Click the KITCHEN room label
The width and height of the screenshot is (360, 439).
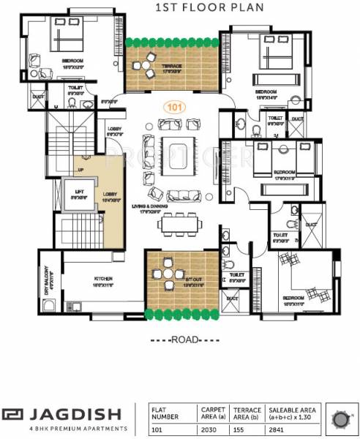click(x=102, y=279)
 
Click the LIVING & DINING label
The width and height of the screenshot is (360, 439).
click(x=153, y=211)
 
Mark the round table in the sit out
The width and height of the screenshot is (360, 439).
click(x=170, y=275)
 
